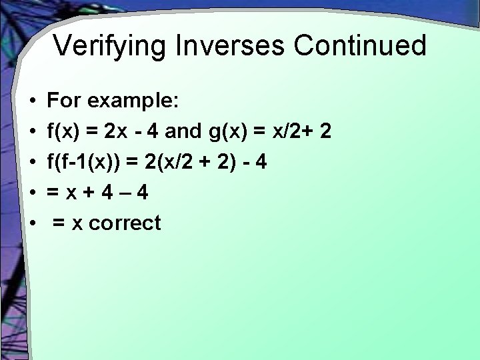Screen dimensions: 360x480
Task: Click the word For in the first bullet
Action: pos(63,101)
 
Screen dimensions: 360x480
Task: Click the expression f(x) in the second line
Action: pos(65,131)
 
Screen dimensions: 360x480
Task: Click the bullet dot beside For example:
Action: pos(33,102)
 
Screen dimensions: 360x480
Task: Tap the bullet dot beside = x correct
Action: pos(33,223)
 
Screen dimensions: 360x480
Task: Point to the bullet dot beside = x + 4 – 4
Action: pos(33,193)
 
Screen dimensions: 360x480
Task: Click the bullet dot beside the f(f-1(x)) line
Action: pos(33,163)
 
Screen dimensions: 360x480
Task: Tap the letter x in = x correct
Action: pos(77,223)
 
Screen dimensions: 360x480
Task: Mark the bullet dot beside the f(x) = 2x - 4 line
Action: pos(33,132)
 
